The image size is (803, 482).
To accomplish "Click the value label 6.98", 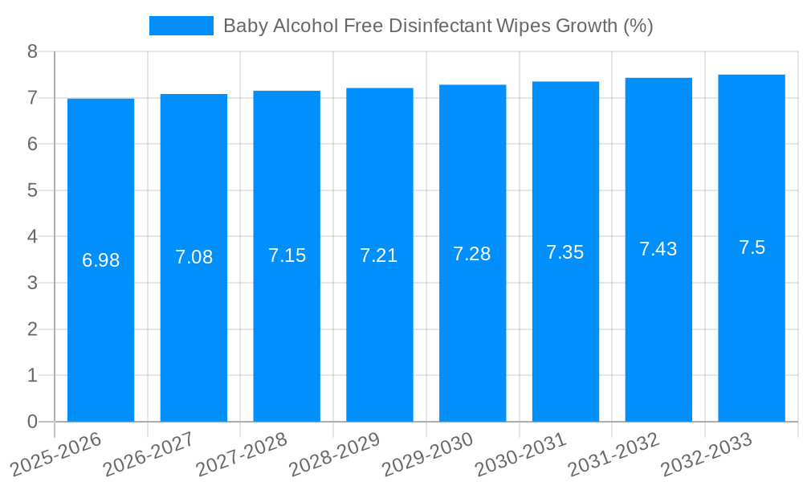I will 100,260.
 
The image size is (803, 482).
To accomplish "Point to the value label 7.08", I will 194,258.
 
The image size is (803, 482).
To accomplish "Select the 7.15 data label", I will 287,255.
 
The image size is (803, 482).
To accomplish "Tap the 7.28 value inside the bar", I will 472,254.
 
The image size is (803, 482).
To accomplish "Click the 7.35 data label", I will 565,252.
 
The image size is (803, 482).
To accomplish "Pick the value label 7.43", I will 658,249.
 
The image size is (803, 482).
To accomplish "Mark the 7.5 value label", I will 752,247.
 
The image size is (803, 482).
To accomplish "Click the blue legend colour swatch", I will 181,26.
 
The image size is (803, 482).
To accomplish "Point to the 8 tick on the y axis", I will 32,51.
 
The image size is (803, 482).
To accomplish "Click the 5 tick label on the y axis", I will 32,190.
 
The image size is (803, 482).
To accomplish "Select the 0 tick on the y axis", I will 32,422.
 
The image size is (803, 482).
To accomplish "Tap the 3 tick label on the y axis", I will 32,283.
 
